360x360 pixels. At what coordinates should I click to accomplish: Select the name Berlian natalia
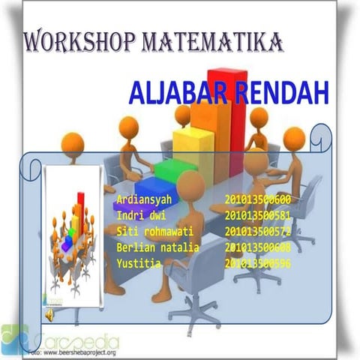tap(157, 247)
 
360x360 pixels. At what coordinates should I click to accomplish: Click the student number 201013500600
tap(257, 200)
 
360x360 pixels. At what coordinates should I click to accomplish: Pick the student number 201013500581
tap(257, 216)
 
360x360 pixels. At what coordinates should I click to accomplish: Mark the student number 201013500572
tap(257, 232)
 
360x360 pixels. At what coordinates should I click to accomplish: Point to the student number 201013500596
tap(257, 263)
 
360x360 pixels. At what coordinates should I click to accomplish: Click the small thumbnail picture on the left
tap(73, 240)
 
